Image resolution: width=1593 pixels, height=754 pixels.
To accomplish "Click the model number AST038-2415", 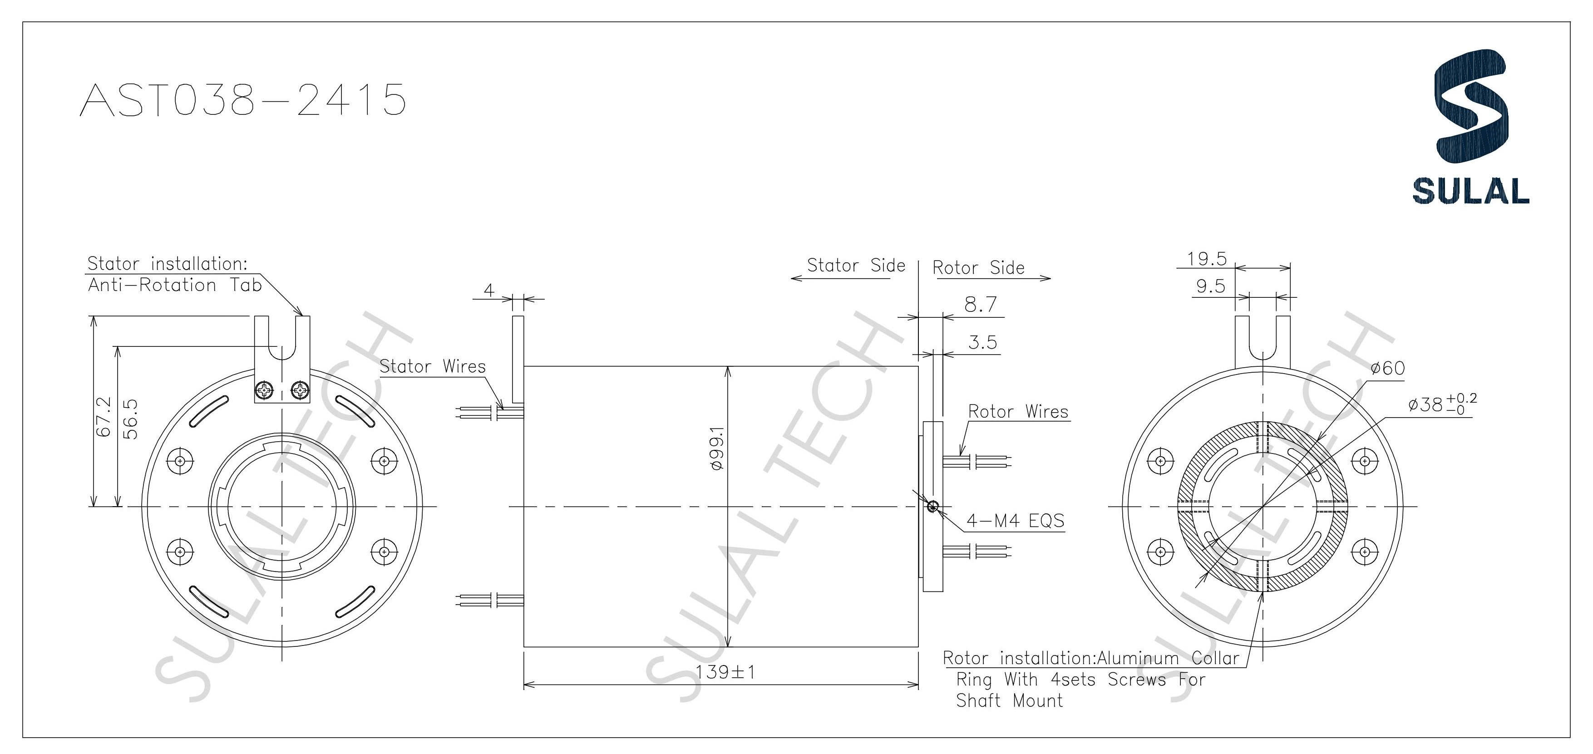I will (243, 99).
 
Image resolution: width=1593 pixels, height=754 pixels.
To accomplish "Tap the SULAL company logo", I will (1470, 127).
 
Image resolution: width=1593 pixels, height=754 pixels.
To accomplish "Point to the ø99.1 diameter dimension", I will (717, 448).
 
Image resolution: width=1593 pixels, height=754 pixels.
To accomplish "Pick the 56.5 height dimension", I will (130, 419).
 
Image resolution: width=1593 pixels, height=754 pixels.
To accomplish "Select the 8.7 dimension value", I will (981, 304).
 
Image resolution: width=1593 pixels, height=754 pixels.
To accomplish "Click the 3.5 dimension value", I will (983, 342).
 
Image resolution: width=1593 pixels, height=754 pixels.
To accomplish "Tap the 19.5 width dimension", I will (1207, 259).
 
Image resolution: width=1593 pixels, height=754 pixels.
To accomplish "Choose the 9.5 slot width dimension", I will (1210, 286).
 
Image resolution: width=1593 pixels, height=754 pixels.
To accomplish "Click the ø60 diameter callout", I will (1388, 369).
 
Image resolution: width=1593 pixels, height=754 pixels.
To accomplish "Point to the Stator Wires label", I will (432, 366).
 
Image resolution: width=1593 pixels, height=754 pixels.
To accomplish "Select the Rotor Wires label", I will (1018, 411).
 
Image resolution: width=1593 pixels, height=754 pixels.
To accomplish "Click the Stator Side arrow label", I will (856, 266).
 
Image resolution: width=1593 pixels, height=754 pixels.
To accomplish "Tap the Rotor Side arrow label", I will (978, 268).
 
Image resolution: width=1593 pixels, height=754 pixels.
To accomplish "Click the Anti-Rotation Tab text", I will (175, 285).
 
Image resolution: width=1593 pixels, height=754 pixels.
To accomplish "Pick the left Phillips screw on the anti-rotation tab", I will (265, 391).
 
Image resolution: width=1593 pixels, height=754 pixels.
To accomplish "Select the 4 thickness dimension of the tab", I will (489, 290).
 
